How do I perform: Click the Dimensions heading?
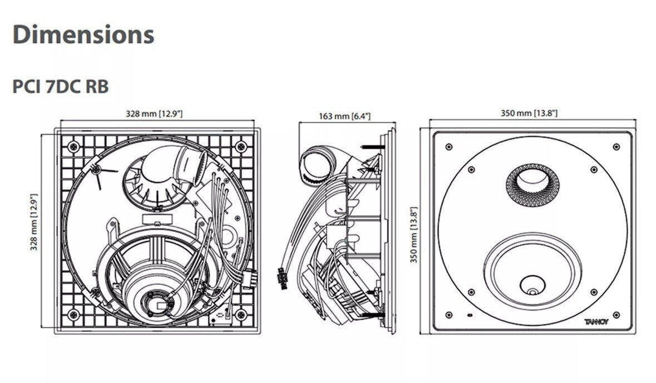pyautogui.click(x=83, y=34)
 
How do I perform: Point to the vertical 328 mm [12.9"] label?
pyautogui.click(x=34, y=222)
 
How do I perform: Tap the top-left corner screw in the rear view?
pyautogui.click(x=72, y=146)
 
